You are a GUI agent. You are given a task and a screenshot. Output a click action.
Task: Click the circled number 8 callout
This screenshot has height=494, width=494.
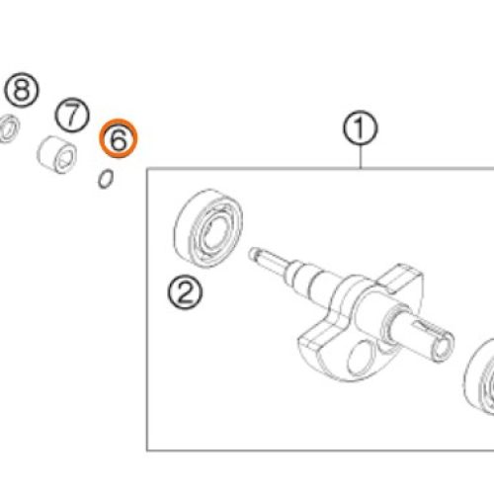(x=22, y=90)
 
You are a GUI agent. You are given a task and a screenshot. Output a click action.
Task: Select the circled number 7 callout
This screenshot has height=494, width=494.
(x=72, y=115)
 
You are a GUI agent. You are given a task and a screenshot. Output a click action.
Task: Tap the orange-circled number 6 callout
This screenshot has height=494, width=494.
(x=119, y=138)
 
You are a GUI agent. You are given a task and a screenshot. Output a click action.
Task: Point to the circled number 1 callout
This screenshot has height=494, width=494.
(x=361, y=127)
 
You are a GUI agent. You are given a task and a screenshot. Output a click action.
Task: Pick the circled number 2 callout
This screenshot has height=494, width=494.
(x=185, y=292)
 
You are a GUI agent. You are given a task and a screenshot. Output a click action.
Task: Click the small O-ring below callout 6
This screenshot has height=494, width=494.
(x=106, y=179)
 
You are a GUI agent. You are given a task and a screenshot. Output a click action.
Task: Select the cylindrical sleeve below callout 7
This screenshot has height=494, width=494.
(x=57, y=155)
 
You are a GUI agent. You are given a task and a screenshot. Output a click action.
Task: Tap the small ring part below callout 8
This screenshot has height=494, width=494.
(x=9, y=127)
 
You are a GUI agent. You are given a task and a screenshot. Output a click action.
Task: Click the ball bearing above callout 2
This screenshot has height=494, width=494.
(x=208, y=228)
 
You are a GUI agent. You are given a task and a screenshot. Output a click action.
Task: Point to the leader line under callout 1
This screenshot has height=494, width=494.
(x=361, y=157)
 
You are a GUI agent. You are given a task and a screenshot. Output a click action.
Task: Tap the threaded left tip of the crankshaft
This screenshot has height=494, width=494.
(x=254, y=254)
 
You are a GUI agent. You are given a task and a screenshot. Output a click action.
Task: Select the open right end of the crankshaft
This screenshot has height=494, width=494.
(x=444, y=347)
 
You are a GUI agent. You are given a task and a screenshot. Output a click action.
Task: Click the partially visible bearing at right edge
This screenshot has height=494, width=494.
(x=480, y=375)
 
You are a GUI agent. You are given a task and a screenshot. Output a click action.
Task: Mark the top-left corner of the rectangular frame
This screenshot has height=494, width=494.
(x=147, y=169)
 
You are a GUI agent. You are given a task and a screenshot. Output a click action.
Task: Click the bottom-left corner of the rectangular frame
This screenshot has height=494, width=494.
(x=147, y=451)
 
